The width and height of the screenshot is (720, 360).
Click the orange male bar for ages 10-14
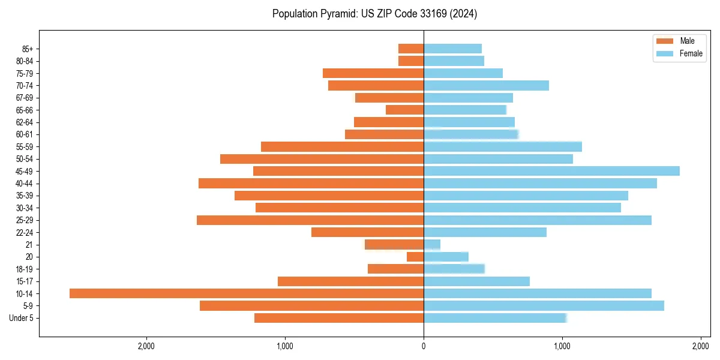tap(246, 293)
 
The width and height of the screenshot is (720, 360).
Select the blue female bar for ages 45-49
tap(551, 171)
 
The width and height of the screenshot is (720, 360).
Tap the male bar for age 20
tap(415, 257)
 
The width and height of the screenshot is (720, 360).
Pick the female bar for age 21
tap(432, 244)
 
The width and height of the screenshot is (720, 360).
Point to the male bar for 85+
tap(411, 49)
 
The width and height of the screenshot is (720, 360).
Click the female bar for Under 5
tap(495, 318)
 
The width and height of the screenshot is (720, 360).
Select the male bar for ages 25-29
tap(310, 220)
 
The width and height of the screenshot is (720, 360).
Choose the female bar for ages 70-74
tap(486, 85)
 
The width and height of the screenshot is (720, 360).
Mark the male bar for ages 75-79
tap(373, 73)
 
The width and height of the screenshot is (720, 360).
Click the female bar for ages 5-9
tap(544, 305)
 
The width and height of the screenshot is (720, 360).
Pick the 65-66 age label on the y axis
tap(25, 110)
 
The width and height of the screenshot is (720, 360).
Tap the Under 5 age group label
tap(21, 318)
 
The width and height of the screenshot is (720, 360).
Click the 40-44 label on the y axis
tap(25, 184)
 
